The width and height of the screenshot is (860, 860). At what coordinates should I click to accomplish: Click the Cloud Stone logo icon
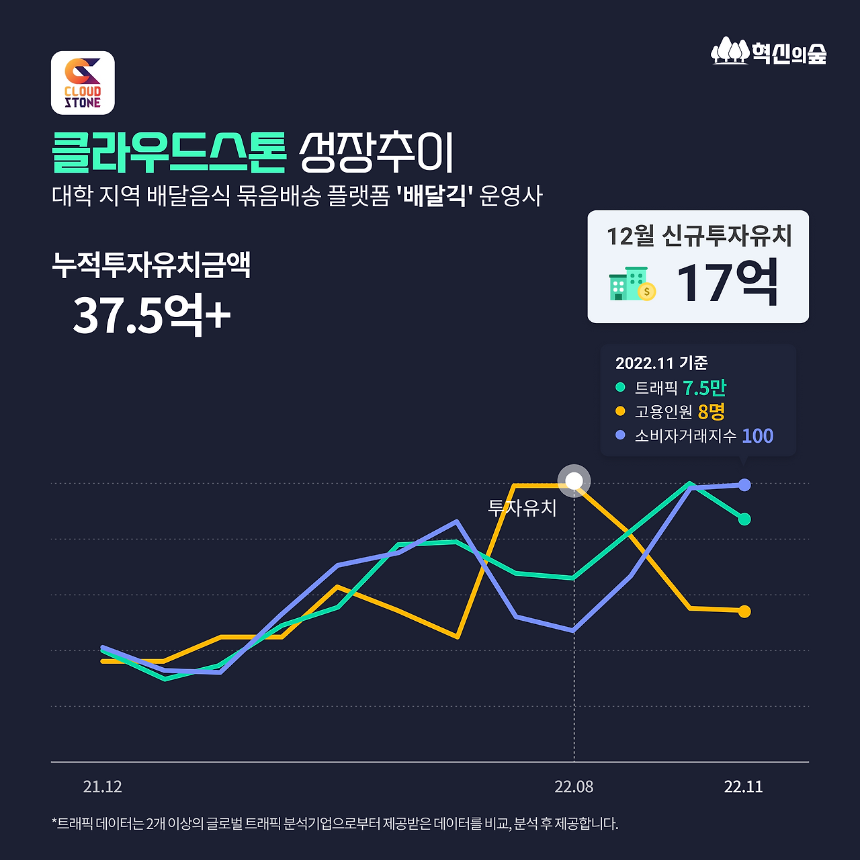83,83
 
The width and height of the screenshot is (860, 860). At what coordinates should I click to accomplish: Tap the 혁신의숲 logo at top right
769,52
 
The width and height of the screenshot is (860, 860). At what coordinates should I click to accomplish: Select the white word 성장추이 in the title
376,151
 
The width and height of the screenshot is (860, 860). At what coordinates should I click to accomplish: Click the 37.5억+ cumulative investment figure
151,315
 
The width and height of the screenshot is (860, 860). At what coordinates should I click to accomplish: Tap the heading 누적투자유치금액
151,265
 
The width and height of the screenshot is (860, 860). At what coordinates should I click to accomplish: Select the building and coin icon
632,284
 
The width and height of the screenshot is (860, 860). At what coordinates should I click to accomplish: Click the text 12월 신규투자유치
699,236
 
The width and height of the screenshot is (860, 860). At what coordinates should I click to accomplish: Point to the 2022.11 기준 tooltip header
661,363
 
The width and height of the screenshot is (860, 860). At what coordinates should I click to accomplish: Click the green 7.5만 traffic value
704,388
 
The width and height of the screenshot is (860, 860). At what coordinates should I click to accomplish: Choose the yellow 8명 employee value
711,411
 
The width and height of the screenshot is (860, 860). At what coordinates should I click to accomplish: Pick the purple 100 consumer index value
757,436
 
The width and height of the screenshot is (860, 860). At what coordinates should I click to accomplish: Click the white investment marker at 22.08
574,481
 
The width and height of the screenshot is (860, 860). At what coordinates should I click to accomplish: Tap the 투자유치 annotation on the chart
522,508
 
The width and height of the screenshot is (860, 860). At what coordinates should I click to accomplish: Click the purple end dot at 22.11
744,485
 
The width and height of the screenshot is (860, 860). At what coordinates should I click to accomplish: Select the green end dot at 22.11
744,519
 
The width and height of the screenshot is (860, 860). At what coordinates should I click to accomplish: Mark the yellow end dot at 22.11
744,611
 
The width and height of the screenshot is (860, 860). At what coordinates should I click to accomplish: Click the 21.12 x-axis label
102,787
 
